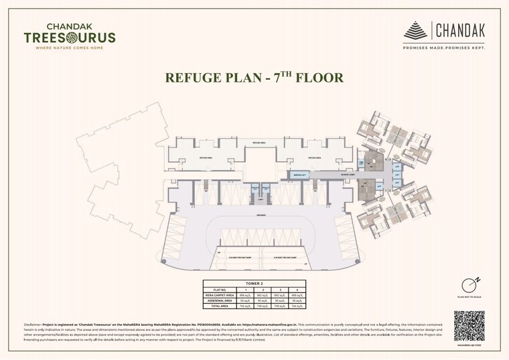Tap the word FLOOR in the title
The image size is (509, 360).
click(315, 78)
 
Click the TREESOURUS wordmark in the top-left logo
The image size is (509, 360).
click(69, 37)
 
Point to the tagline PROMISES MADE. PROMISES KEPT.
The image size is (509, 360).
click(444, 48)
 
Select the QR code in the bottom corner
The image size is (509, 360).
click(469, 326)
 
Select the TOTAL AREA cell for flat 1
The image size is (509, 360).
click(244, 305)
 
